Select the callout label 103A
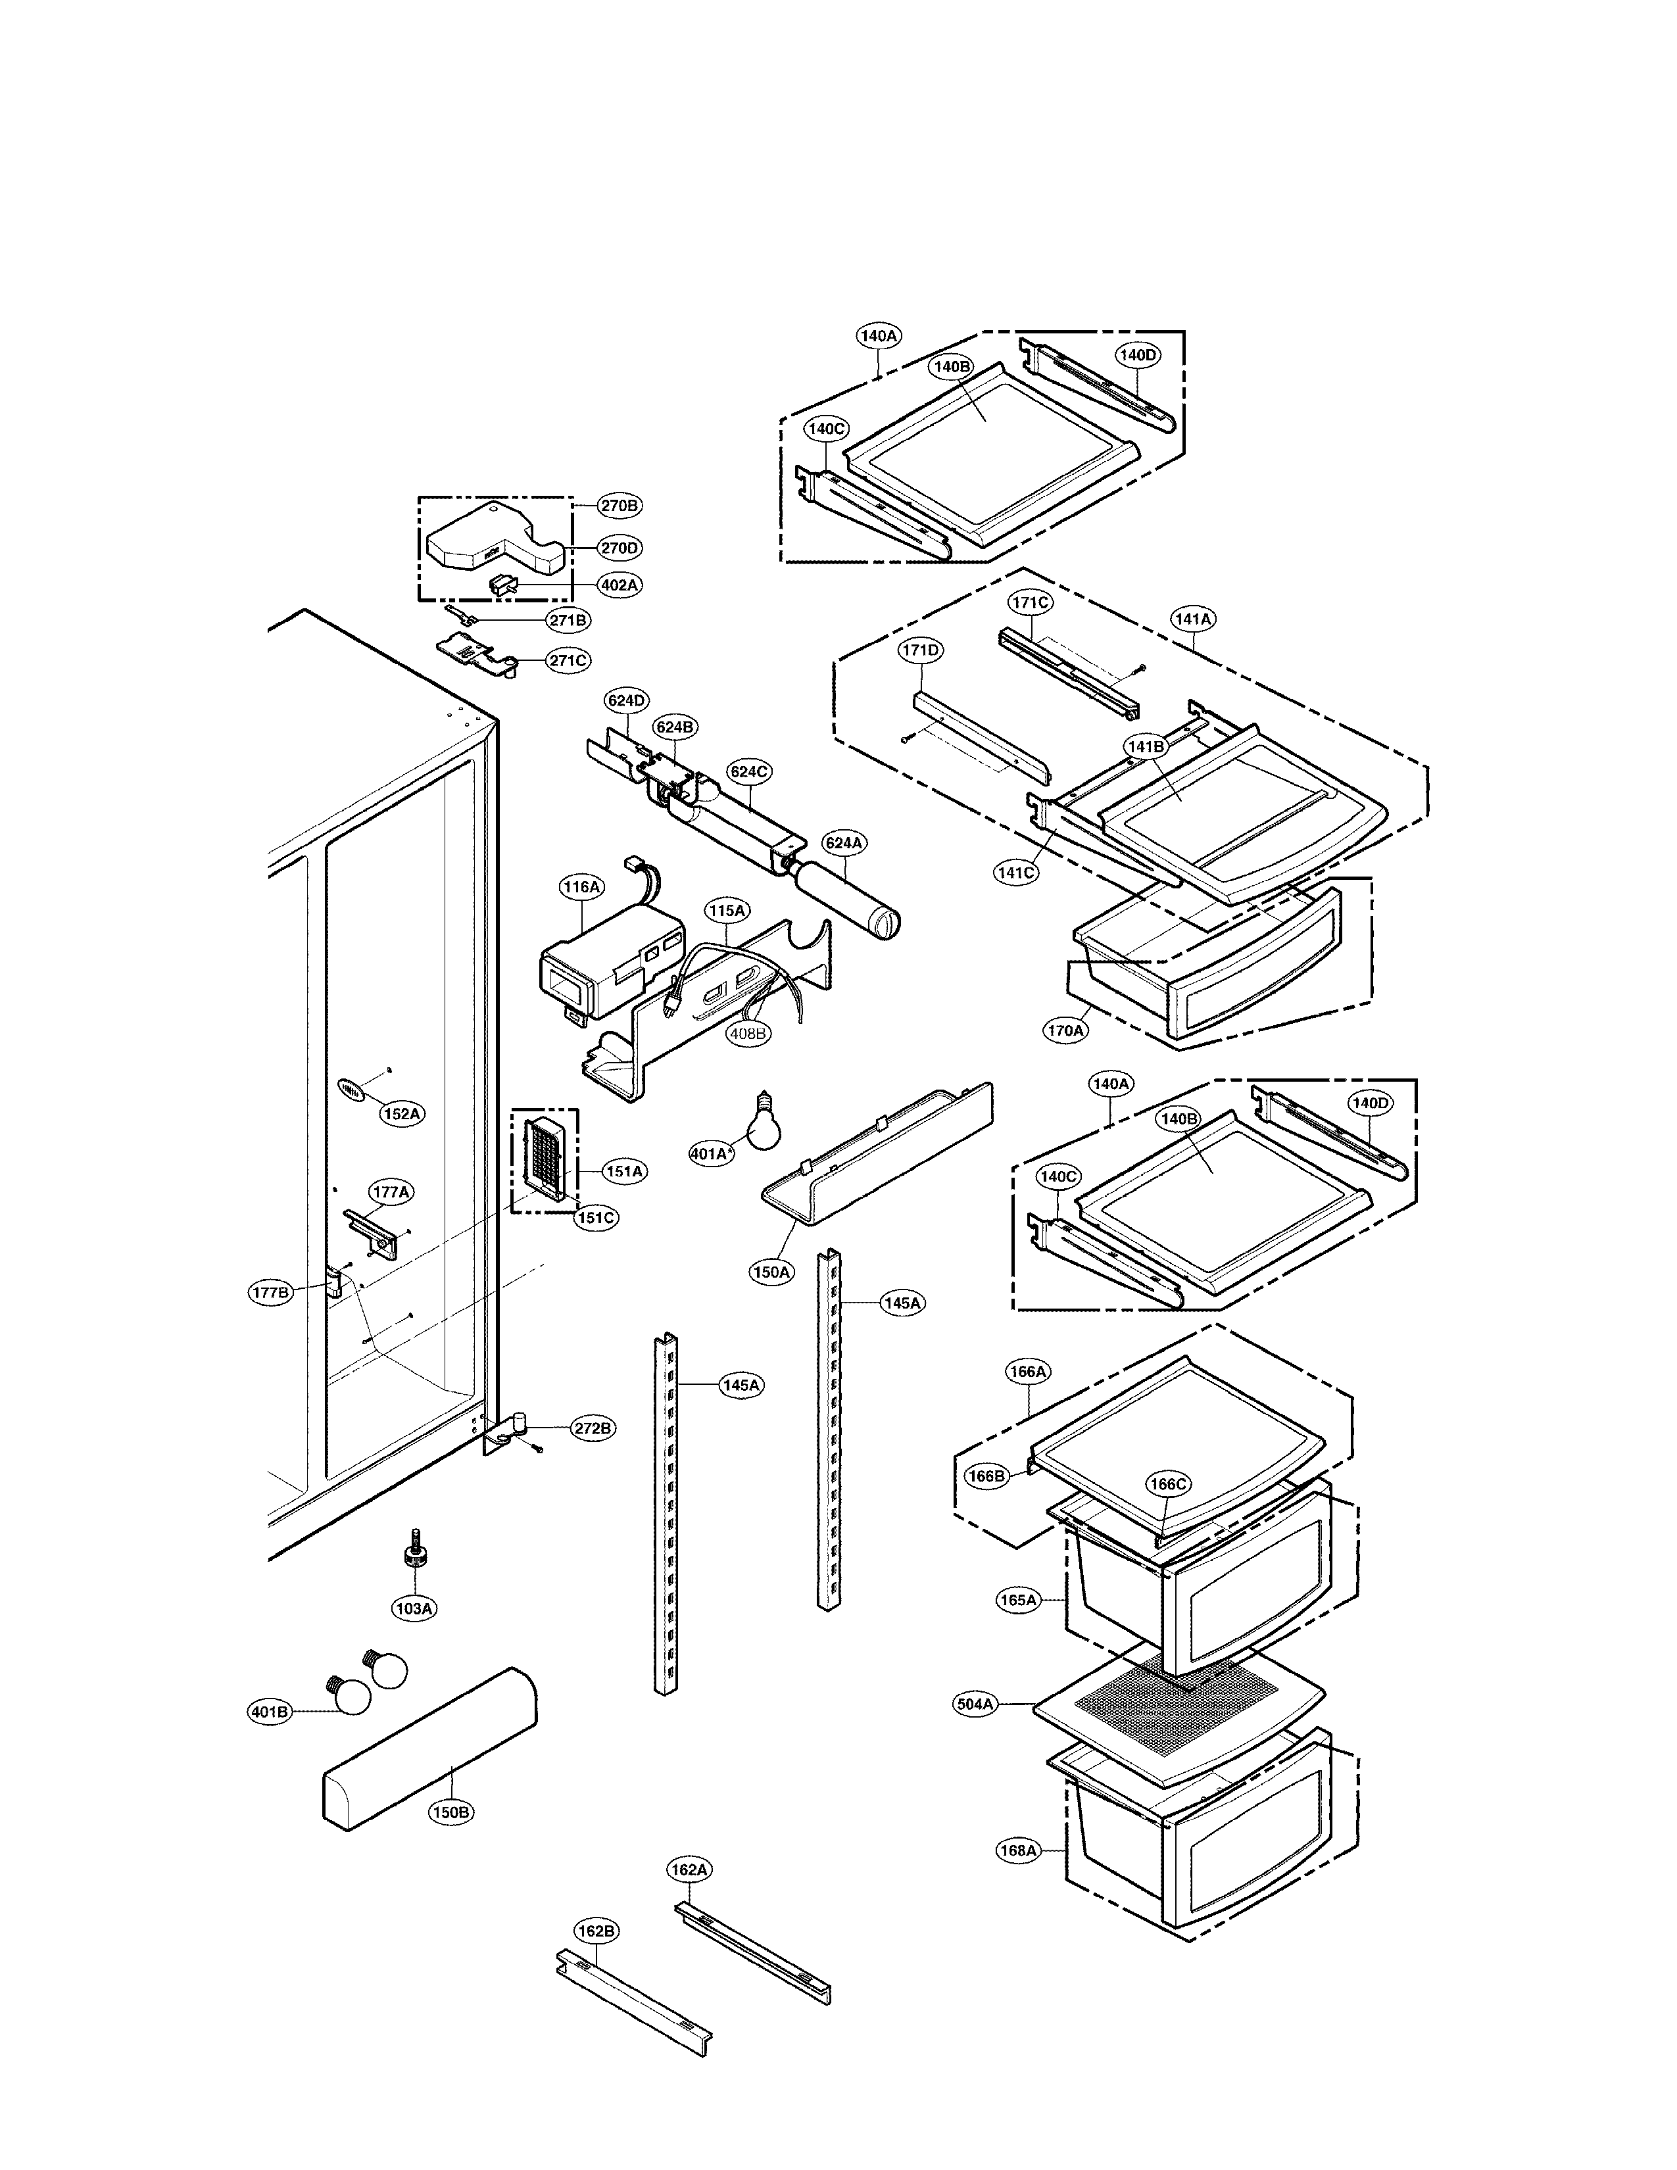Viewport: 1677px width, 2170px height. pyautogui.click(x=413, y=1608)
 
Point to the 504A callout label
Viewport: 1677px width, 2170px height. pyautogui.click(x=975, y=1704)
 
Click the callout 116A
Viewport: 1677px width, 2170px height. pyautogui.click(x=581, y=886)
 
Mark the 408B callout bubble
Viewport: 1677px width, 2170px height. pyautogui.click(x=747, y=1033)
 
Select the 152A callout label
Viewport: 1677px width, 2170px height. pyautogui.click(x=401, y=1114)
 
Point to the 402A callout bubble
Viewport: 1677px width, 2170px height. pyautogui.click(x=618, y=585)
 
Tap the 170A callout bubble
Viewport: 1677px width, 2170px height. pyautogui.click(x=1065, y=1030)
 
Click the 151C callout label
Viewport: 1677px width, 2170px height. pyautogui.click(x=595, y=1217)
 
